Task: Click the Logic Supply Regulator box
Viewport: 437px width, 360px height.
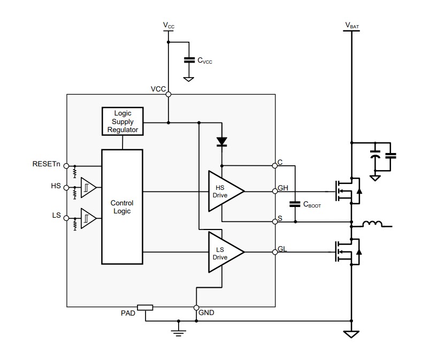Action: coord(122,121)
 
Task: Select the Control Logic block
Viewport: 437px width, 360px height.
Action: coord(122,206)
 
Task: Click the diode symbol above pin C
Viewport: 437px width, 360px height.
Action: coord(222,142)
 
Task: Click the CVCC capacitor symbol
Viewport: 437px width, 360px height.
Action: coord(188,60)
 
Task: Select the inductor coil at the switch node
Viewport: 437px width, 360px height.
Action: coord(373,224)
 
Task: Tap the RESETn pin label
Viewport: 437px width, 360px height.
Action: coord(47,164)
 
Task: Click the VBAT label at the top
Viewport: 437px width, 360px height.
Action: coord(352,25)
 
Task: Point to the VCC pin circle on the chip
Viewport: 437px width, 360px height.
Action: coord(168,95)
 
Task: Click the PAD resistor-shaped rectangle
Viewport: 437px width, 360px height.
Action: coord(145,307)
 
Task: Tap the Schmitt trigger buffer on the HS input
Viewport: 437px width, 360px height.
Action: coord(88,188)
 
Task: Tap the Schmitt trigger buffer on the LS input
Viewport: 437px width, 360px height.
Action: coord(88,218)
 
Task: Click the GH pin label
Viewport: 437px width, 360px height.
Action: coord(283,188)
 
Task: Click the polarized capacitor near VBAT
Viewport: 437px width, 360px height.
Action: coord(376,156)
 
